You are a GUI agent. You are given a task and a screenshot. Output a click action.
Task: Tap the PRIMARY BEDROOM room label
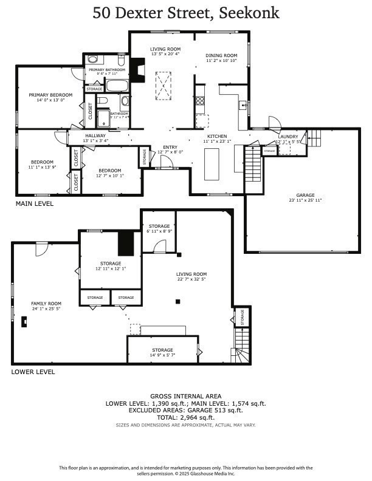click(50, 95)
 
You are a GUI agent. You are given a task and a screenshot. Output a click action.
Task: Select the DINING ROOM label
click(221, 56)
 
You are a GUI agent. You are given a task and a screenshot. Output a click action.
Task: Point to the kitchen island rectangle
click(211, 163)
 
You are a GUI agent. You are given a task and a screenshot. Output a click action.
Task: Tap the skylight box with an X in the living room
click(164, 86)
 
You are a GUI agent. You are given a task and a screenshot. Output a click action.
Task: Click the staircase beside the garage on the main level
click(252, 163)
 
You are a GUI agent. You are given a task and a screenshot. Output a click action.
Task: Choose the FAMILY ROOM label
click(47, 303)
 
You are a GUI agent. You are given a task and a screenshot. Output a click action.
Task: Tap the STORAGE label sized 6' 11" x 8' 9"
click(159, 226)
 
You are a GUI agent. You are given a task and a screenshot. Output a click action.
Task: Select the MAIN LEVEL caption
click(34, 204)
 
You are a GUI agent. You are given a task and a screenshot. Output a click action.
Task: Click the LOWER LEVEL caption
click(33, 372)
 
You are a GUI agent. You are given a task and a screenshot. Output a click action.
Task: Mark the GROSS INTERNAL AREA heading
click(185, 396)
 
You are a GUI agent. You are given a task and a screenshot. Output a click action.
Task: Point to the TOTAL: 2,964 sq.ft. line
click(185, 417)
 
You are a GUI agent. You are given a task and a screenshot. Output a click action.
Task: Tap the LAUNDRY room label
click(288, 137)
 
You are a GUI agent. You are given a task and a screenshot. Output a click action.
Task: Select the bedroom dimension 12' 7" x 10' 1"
click(110, 176)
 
